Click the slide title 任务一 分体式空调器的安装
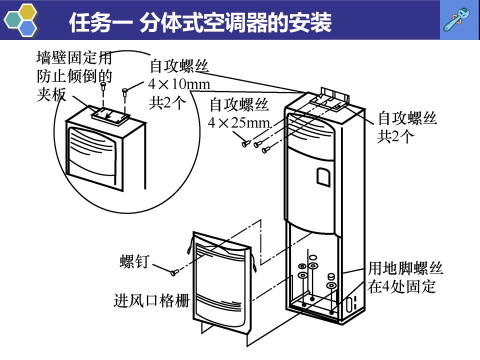[x=200, y=22]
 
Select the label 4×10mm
[x=179, y=84]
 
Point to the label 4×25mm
[x=239, y=122]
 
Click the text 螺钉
[x=134, y=261]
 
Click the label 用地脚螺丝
[x=405, y=269]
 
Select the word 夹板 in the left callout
[x=51, y=94]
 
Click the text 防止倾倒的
[x=74, y=77]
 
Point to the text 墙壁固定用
[x=74, y=58]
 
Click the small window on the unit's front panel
[x=323, y=176]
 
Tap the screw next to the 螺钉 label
[x=174, y=272]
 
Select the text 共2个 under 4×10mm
[x=167, y=102]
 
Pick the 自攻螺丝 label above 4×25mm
[x=239, y=104]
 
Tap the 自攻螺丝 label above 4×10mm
[x=179, y=66]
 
